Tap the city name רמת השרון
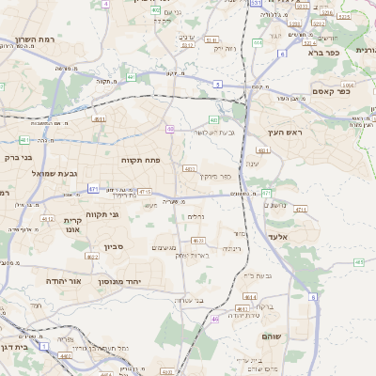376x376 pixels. click(37, 40)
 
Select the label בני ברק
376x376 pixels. click(19, 158)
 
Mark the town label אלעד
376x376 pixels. click(281, 238)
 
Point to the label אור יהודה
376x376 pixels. click(63, 281)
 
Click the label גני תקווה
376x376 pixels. click(102, 214)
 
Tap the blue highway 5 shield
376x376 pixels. click(217, 85)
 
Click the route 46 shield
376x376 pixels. click(214, 320)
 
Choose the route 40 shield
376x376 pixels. click(170, 129)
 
